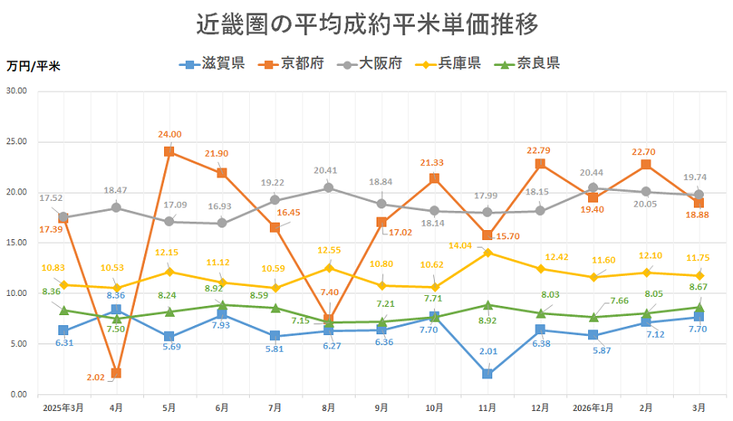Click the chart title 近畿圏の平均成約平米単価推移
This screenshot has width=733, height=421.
pyautogui.click(x=367, y=24)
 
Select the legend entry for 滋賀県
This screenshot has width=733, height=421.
pyautogui.click(x=212, y=63)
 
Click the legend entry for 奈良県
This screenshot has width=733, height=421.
pyautogui.click(x=527, y=63)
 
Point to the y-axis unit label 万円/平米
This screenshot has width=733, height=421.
pyautogui.click(x=33, y=65)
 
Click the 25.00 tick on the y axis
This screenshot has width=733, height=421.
pyautogui.click(x=17, y=142)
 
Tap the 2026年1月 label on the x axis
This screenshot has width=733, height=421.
pyautogui.click(x=593, y=408)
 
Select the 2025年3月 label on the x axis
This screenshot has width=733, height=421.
pyautogui.click(x=63, y=408)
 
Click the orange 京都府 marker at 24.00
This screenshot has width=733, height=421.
pyautogui.click(x=169, y=152)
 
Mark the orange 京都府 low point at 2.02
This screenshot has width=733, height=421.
pyautogui.click(x=117, y=373)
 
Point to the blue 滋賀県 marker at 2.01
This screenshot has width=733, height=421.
pyautogui.click(x=487, y=373)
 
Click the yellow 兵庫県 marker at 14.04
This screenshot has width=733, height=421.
pyautogui.click(x=487, y=252)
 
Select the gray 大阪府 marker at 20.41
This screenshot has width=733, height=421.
pyautogui.click(x=328, y=188)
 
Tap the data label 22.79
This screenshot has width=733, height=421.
pyautogui.click(x=541, y=150)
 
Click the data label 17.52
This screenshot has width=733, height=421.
pyautogui.click(x=52, y=198)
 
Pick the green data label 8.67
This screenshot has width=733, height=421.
pyautogui.click(x=699, y=287)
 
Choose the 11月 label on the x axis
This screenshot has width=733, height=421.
pyautogui.click(x=487, y=408)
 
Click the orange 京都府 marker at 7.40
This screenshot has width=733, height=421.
pyautogui.click(x=328, y=319)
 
